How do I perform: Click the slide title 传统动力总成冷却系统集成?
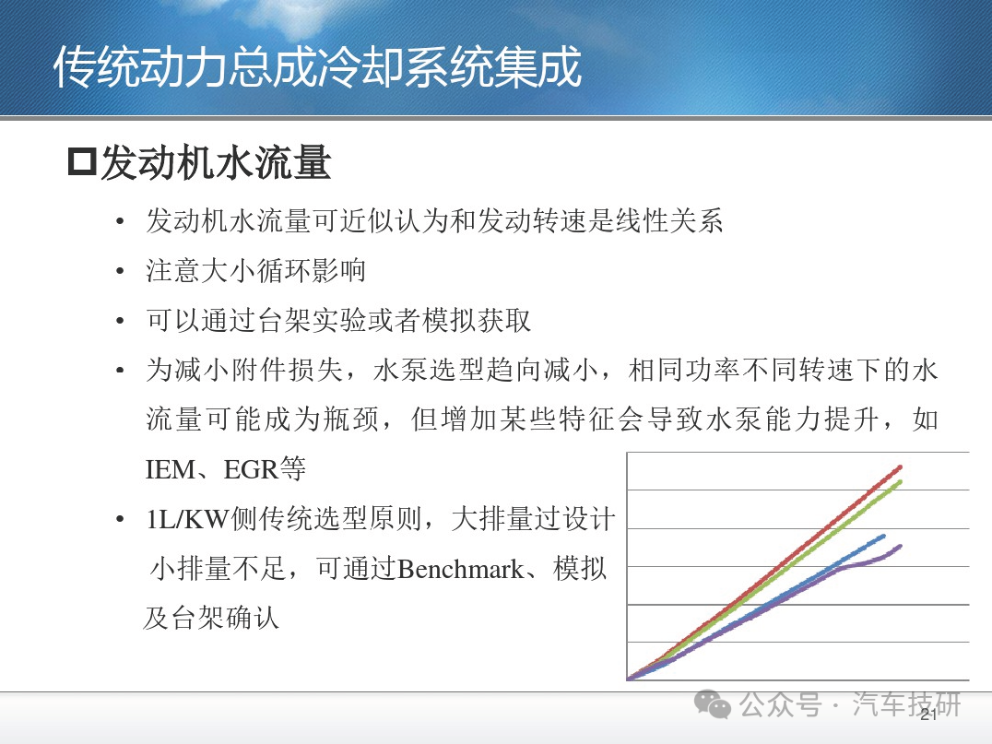317,66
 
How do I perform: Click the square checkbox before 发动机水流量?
82,162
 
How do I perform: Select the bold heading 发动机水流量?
216,162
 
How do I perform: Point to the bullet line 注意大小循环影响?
255,270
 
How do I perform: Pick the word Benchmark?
461,569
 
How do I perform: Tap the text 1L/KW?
187,519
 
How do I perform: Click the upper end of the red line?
900,467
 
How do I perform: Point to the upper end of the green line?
900,482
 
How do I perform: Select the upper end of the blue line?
883,537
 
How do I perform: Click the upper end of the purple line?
900,546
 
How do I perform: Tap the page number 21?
928,714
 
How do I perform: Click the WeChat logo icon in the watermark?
713,704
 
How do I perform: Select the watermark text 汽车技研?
906,704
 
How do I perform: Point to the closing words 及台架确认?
211,618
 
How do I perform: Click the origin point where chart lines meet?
628,679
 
